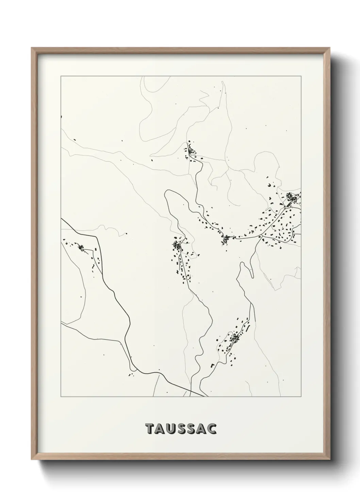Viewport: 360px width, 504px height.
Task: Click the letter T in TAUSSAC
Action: (150, 429)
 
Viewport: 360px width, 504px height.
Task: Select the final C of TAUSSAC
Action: (212, 429)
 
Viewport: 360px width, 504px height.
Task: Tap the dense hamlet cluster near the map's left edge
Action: (81, 247)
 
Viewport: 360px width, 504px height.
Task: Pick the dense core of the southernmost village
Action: (235, 338)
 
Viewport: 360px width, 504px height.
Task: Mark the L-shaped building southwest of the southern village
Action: (213, 365)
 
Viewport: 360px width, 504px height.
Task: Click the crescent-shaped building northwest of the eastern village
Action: (269, 185)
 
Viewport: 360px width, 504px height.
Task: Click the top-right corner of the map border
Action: (301, 76)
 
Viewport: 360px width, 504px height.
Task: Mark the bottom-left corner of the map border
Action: (61, 397)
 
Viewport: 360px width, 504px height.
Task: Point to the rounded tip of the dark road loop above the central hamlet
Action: (167, 193)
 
